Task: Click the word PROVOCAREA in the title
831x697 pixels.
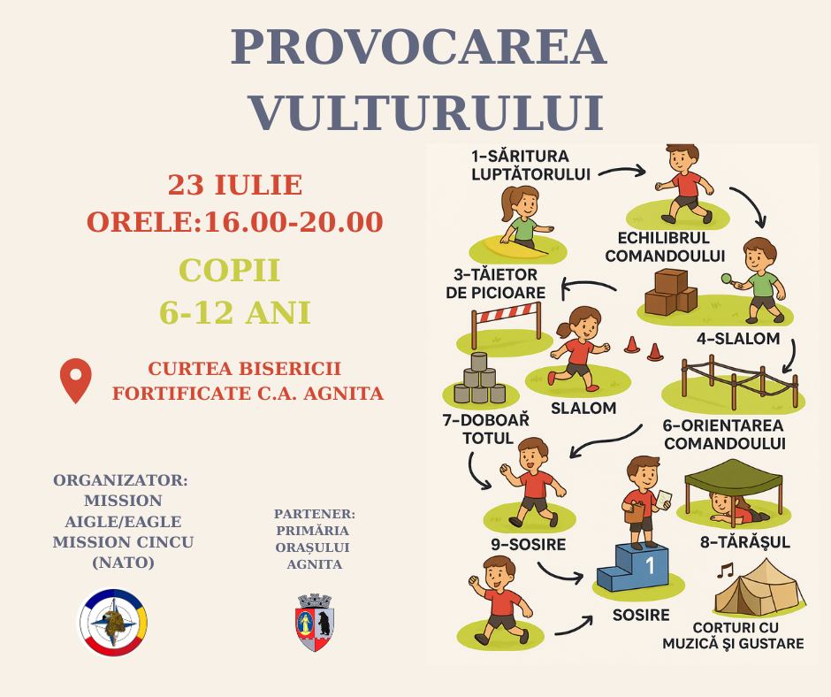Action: [419, 47]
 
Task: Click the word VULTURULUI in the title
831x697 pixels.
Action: [427, 113]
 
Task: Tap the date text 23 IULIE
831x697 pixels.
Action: [235, 185]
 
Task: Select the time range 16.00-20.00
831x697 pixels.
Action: [294, 222]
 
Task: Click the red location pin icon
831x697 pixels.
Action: [76, 380]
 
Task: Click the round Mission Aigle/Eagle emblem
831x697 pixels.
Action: [113, 622]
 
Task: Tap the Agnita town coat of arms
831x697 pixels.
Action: [315, 622]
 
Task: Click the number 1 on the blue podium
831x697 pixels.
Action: [650, 565]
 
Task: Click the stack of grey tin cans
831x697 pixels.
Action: [480, 379]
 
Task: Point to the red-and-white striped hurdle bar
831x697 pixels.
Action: [507, 312]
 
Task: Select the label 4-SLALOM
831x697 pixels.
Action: [738, 338]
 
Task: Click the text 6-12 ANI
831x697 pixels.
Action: [235, 312]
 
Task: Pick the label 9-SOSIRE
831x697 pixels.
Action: [528, 544]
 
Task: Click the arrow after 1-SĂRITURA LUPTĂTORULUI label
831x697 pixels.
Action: [621, 171]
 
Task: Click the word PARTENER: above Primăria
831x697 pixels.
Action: [314, 514]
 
